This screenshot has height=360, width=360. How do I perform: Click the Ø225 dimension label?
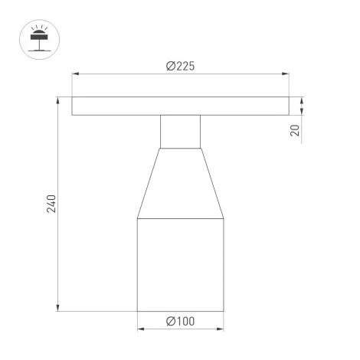click(x=180, y=66)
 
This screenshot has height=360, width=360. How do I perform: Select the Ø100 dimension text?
click(x=180, y=322)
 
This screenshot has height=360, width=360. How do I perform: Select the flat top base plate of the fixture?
click(x=180, y=106)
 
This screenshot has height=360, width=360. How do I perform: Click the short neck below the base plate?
click(x=180, y=131)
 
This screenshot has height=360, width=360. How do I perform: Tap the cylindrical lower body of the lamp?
click(x=180, y=265)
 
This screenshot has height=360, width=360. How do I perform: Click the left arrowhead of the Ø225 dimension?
click(x=75, y=74)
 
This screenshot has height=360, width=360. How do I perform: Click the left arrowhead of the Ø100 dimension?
click(x=140, y=331)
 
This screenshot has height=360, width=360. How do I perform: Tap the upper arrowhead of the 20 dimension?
click(x=303, y=100)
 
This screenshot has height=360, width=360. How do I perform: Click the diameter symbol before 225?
click(x=169, y=66)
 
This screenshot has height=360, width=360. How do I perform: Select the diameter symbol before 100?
click(x=169, y=322)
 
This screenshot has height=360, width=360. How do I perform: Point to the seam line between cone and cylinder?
click(x=180, y=218)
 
